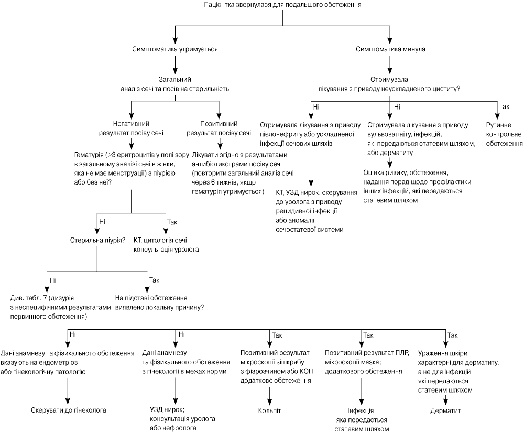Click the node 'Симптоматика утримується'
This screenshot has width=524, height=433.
click(x=175, y=49)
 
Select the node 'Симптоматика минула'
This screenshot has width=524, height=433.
click(x=390, y=49)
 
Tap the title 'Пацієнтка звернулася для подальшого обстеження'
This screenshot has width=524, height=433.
click(x=282, y=5)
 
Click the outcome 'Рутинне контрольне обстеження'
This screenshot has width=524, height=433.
click(x=504, y=134)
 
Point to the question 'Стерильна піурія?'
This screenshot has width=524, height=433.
click(x=97, y=241)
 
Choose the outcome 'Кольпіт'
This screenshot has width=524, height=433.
click(x=269, y=410)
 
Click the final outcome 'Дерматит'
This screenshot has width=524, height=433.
click(x=445, y=410)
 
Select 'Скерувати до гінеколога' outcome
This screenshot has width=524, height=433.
click(x=69, y=410)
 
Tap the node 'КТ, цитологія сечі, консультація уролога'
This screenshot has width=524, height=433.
click(x=166, y=245)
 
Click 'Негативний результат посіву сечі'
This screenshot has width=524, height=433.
click(x=131, y=128)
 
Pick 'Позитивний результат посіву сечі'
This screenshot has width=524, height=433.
click(x=219, y=128)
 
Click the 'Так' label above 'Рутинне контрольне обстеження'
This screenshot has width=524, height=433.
click(x=504, y=106)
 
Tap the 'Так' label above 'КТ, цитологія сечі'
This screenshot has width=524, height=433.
click(x=172, y=222)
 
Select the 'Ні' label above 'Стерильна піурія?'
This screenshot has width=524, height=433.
click(x=102, y=222)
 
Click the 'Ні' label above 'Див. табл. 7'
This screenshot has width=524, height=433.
click(x=52, y=280)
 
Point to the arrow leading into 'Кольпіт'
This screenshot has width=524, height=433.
click(x=269, y=396)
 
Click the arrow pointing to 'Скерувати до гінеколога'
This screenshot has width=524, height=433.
click(x=68, y=391)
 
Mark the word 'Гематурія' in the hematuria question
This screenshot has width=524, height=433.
click(x=89, y=155)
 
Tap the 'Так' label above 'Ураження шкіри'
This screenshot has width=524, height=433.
click(x=453, y=335)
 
